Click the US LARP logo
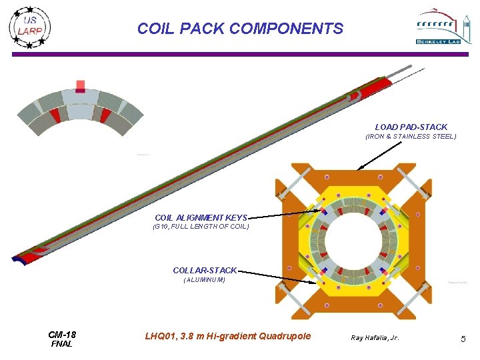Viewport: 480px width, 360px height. (30, 27)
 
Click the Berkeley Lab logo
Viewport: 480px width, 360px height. (437, 27)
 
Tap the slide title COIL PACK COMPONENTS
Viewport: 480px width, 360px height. (240, 29)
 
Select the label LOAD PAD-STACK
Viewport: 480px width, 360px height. (411, 127)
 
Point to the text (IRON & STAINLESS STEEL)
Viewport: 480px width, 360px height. (411, 137)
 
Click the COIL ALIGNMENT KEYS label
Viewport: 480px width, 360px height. (201, 218)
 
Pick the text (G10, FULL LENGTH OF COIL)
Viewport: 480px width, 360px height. (201, 227)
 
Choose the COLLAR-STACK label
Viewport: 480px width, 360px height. (205, 271)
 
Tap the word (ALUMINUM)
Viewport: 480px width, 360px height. (205, 280)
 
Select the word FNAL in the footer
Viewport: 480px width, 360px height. (62, 344)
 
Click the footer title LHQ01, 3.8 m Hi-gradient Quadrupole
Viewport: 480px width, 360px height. (227, 336)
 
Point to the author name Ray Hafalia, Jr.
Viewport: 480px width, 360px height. (375, 338)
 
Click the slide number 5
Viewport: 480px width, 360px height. (463, 339)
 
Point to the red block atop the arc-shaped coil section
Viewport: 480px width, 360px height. (81, 86)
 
